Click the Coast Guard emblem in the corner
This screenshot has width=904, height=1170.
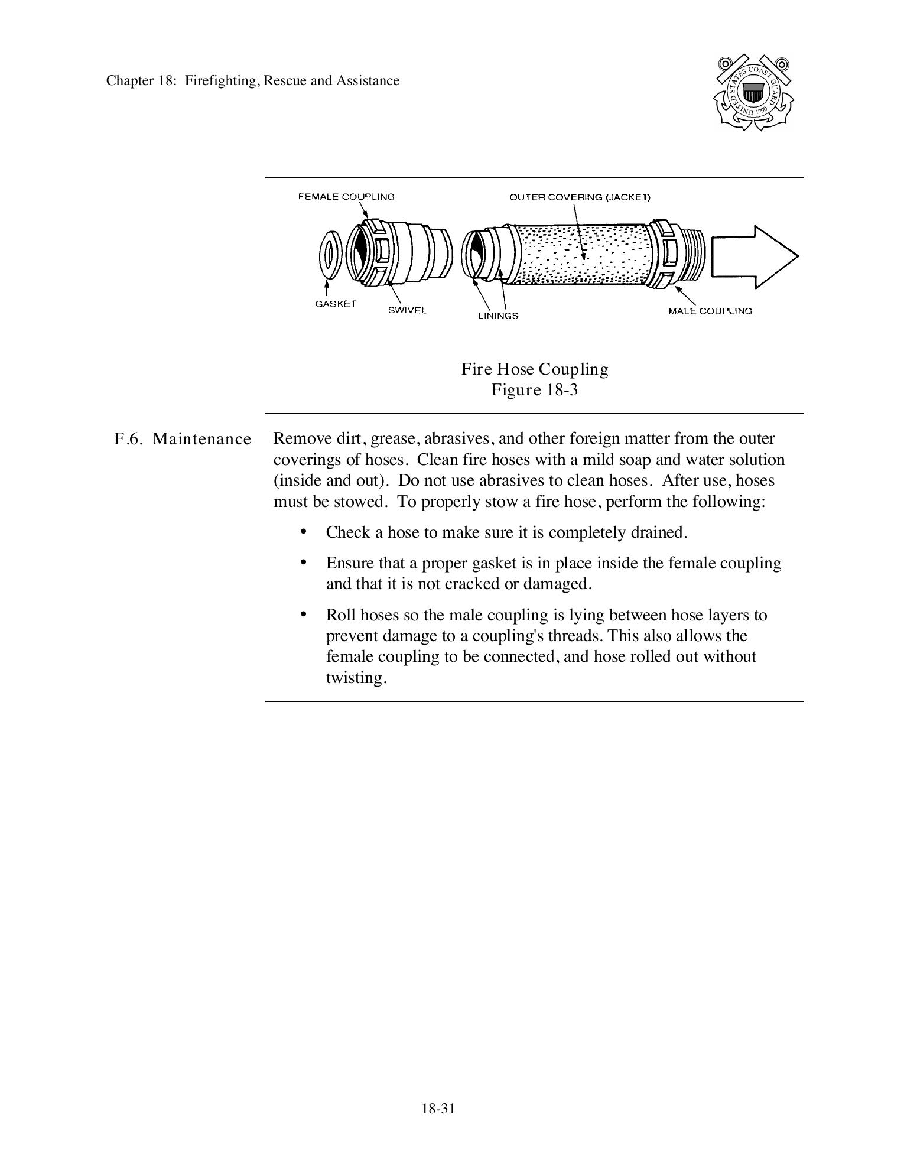(x=753, y=93)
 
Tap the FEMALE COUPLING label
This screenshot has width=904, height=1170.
(x=346, y=197)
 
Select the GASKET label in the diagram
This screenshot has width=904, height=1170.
(x=336, y=304)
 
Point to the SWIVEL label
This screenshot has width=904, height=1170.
(x=407, y=310)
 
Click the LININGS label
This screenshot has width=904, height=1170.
(x=498, y=316)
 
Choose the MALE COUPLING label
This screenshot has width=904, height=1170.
(x=710, y=311)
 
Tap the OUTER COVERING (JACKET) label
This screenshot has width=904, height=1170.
(x=580, y=197)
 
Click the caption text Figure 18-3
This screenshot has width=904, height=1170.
(x=534, y=390)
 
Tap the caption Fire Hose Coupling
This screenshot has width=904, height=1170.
(x=534, y=369)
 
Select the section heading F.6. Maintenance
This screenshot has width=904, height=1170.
(x=183, y=439)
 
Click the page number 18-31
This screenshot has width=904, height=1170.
(x=438, y=1108)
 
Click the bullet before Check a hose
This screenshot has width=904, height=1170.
(x=304, y=532)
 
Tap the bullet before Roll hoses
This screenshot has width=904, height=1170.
(x=304, y=615)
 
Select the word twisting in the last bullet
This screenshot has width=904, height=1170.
(x=356, y=678)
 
